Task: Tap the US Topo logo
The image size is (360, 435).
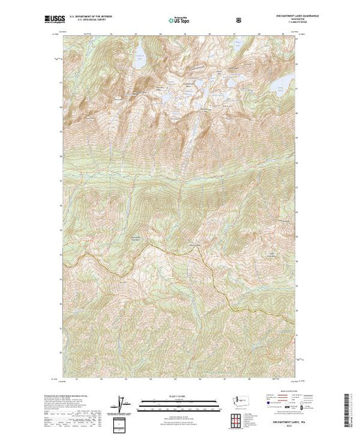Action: coord(179,20)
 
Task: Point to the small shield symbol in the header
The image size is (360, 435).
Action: coord(238,20)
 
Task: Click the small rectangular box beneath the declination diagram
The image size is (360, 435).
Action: coord(122,422)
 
